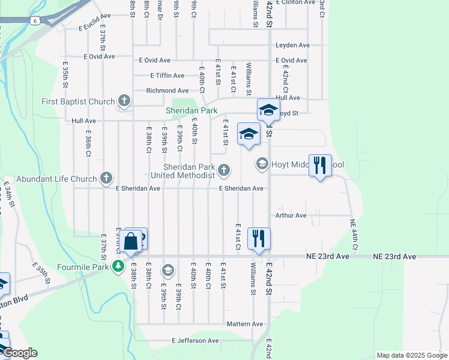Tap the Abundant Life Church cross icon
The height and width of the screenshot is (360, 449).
pyautogui.click(x=106, y=178)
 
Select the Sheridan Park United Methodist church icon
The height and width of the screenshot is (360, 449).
pyautogui.click(x=223, y=171)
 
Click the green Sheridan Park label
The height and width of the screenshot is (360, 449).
pyautogui.click(x=191, y=111)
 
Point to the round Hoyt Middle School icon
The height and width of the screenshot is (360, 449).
pyautogui.click(x=262, y=163)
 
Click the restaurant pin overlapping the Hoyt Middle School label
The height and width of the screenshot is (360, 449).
pyautogui.click(x=320, y=165)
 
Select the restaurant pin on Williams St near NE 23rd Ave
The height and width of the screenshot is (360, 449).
pyautogui.click(x=259, y=238)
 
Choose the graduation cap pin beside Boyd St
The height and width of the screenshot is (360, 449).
pyautogui.click(x=268, y=110)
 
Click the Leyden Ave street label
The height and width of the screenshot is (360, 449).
pyautogui.click(x=292, y=46)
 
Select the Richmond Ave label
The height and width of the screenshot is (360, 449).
pyautogui.click(x=167, y=91)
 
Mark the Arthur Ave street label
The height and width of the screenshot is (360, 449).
pyautogui.click(x=291, y=215)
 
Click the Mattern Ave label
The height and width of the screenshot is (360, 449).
pyautogui.click(x=245, y=324)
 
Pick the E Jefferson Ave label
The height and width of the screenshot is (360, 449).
pyautogui.click(x=195, y=341)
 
